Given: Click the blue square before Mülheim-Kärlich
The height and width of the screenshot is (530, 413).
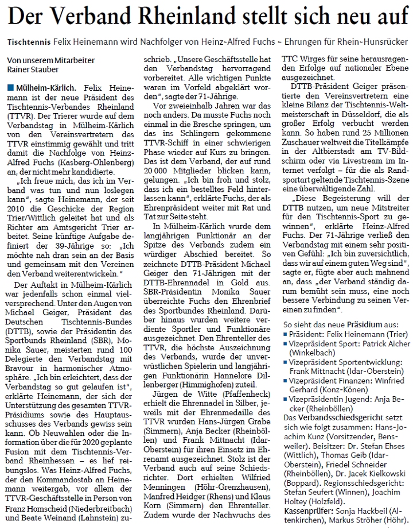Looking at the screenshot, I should coord(10,88).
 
